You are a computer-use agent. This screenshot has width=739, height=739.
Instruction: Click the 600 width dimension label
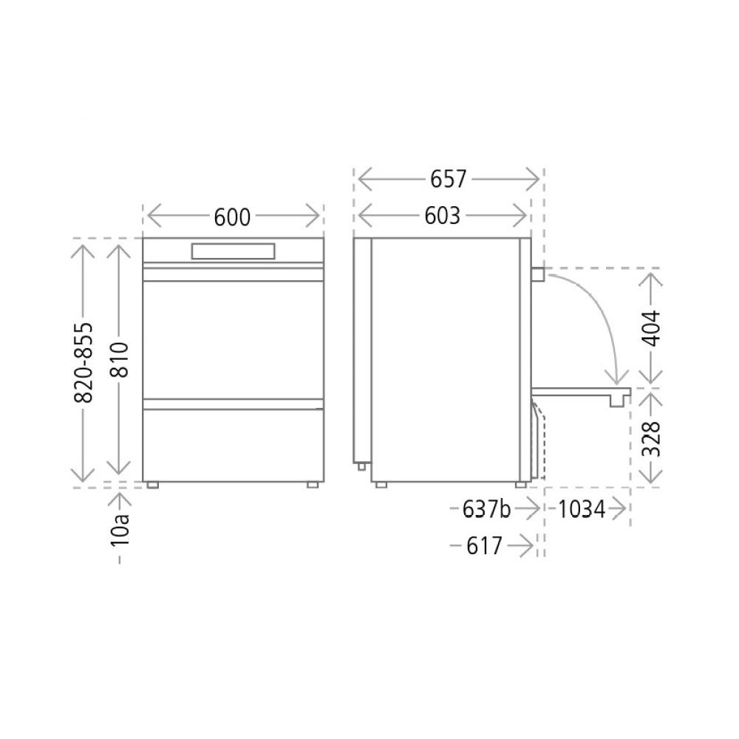232,217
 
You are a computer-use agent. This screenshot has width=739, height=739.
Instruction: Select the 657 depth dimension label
448,179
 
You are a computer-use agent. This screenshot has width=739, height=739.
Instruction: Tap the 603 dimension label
442,216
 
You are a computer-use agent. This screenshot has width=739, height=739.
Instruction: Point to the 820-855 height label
84,362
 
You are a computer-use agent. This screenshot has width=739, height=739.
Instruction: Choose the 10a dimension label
120,529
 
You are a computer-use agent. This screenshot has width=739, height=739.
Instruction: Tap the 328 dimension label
651,439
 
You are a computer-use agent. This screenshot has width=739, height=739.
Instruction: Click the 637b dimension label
486,509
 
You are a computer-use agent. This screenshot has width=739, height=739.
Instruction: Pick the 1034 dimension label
582,509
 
